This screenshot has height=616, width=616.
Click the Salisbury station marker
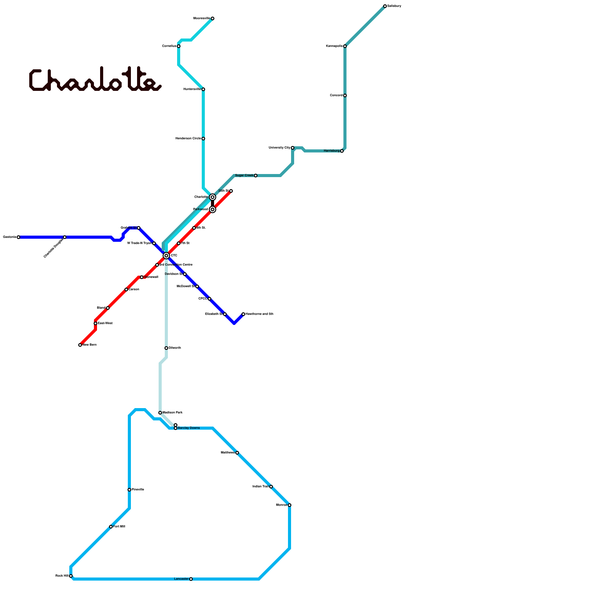click(385, 6)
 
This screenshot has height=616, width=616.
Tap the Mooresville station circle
click(213, 18)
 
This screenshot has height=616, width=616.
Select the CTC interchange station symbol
click(166, 256)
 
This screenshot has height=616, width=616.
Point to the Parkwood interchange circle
click(213, 209)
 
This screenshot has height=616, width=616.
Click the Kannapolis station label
click(334, 46)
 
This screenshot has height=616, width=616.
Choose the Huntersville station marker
click(203, 89)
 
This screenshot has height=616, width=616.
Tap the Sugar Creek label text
click(244, 176)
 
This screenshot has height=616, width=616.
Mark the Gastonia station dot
click(18, 237)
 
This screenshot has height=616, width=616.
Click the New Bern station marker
click(80, 345)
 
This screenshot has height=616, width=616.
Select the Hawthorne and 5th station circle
click(243, 314)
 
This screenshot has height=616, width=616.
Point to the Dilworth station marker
click(166, 348)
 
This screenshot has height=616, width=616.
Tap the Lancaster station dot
click(191, 579)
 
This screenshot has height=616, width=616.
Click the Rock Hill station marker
click(71, 576)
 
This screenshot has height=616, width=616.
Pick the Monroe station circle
click(290, 505)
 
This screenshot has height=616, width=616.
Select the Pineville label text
click(138, 490)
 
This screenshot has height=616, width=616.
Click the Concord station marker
click(345, 95)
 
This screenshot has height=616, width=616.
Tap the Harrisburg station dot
click(342, 151)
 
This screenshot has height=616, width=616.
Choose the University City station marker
click(293, 148)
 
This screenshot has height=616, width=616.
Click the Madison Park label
click(172, 413)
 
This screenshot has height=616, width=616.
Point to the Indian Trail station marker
click(271, 487)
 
